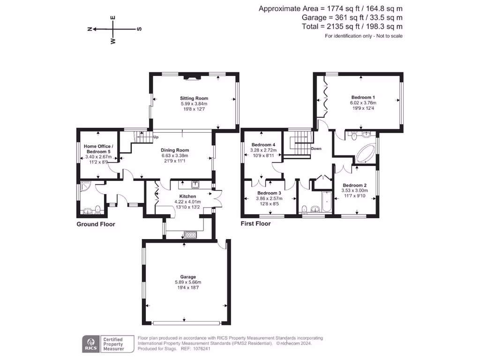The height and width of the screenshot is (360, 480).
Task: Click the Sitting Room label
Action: (x=194, y=98)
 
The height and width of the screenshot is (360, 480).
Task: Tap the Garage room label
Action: (x=188, y=277)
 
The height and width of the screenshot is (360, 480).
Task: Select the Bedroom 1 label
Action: (x=363, y=97)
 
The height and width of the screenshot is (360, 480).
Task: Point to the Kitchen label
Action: (x=187, y=196)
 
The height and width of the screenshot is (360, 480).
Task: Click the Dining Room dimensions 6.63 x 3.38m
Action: (x=175, y=156)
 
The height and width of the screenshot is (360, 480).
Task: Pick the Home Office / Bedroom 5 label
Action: (x=98, y=149)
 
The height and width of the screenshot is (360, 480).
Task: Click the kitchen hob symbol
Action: (x=190, y=235)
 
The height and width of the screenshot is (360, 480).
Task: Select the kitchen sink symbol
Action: (x=195, y=184)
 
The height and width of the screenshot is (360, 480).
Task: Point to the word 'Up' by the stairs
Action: (x=156, y=137)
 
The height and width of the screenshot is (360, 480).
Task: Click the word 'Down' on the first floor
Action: (x=316, y=149)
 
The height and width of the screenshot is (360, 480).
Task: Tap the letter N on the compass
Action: (x=90, y=29)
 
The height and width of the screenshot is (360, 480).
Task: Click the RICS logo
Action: (x=91, y=344)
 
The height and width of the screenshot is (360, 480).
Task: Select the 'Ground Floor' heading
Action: (x=96, y=224)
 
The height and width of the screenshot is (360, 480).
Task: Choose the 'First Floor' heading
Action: (x=255, y=224)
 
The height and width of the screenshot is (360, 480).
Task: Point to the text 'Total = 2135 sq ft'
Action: (x=332, y=27)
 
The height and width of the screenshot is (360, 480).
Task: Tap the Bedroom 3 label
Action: (x=269, y=193)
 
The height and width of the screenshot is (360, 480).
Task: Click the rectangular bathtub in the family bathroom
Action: (x=327, y=202)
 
